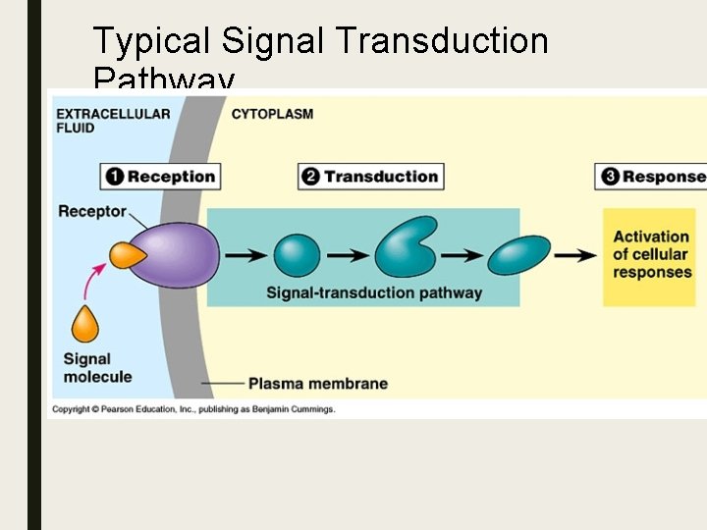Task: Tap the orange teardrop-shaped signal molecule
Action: [x=86, y=324]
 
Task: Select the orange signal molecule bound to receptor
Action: [x=127, y=255]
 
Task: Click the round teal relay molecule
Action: [x=297, y=255]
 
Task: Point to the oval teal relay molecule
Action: [x=519, y=255]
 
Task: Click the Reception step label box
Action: [x=160, y=177]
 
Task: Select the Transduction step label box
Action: [x=371, y=177]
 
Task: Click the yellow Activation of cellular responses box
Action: [x=651, y=254]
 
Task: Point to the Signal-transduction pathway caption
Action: [x=374, y=292]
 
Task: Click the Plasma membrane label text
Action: [x=317, y=384]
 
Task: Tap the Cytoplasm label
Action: [x=272, y=114]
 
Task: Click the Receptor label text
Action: [x=92, y=211]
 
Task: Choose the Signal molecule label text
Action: [x=97, y=368]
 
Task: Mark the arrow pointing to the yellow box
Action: [x=575, y=255]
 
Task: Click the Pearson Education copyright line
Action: [x=193, y=409]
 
